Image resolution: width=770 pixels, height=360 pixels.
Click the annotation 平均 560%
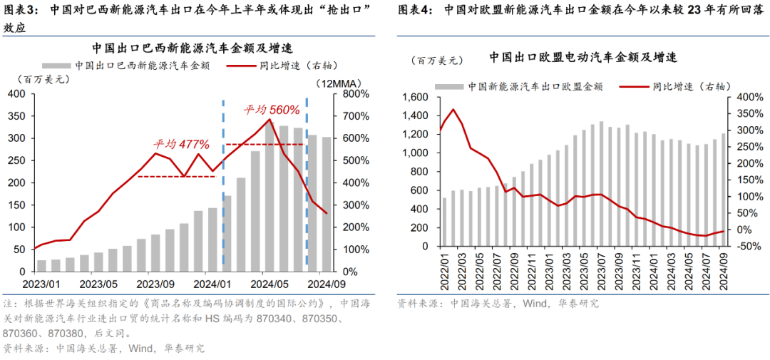pyautogui.click(x=272, y=110)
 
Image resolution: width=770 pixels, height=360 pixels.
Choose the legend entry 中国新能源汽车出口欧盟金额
pyautogui.click(x=535, y=86)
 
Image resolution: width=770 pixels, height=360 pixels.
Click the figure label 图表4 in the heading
pyautogui.click(x=415, y=11)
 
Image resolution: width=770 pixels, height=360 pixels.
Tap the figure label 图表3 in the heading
pyautogui.click(x=20, y=11)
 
